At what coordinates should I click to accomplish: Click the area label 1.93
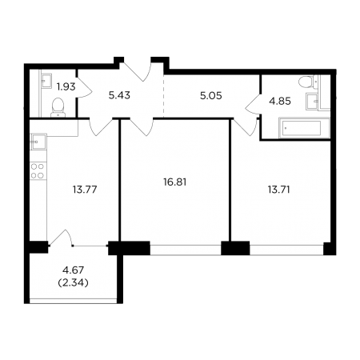pos(66,86)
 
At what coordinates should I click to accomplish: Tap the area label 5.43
pos(119,95)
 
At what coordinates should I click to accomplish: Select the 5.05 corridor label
pos(211,96)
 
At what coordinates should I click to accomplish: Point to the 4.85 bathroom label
pos(280,102)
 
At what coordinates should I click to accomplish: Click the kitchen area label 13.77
pos(85,190)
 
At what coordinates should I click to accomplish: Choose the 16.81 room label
pos(174,182)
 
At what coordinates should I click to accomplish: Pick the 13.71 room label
pos(278,190)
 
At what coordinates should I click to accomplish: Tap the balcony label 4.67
pos(73,270)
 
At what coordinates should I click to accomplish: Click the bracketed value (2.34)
pos(73,282)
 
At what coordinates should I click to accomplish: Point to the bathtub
pos(304,128)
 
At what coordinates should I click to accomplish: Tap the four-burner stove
pos(38,171)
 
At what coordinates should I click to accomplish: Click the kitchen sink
pos(38,142)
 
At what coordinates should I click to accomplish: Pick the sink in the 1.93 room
pos(46,81)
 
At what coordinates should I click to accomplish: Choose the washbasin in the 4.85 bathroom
pos(312,101)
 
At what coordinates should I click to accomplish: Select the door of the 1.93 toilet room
pos(84,87)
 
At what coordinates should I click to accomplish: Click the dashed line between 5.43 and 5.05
pos(163,96)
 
